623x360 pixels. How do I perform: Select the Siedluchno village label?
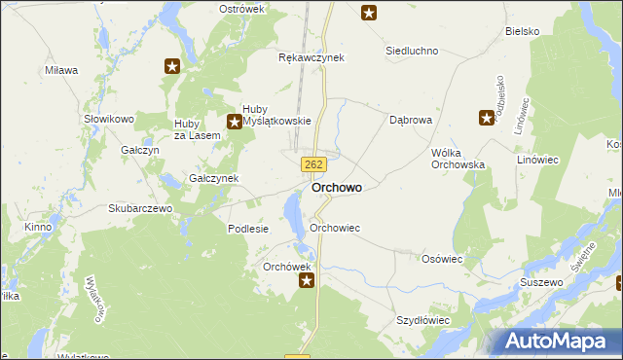click(x=412, y=51)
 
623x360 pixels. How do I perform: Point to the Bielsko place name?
click(x=523, y=31)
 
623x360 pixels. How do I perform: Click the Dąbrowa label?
click(x=410, y=121)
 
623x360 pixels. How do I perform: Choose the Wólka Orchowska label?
click(x=458, y=159)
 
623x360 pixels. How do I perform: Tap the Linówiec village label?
click(x=569, y=159)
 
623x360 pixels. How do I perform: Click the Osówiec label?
click(x=442, y=259)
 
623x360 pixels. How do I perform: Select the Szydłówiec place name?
click(x=422, y=319)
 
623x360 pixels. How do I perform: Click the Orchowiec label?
click(x=335, y=228)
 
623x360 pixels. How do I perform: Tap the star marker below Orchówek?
click(x=307, y=281)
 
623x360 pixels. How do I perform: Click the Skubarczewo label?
click(x=140, y=208)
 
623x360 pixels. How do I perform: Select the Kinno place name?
click(x=39, y=228)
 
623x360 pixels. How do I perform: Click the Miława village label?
click(x=61, y=70)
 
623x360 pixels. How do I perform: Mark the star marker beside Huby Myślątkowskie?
click(x=234, y=122)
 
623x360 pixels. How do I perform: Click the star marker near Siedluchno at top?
click(x=369, y=13)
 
